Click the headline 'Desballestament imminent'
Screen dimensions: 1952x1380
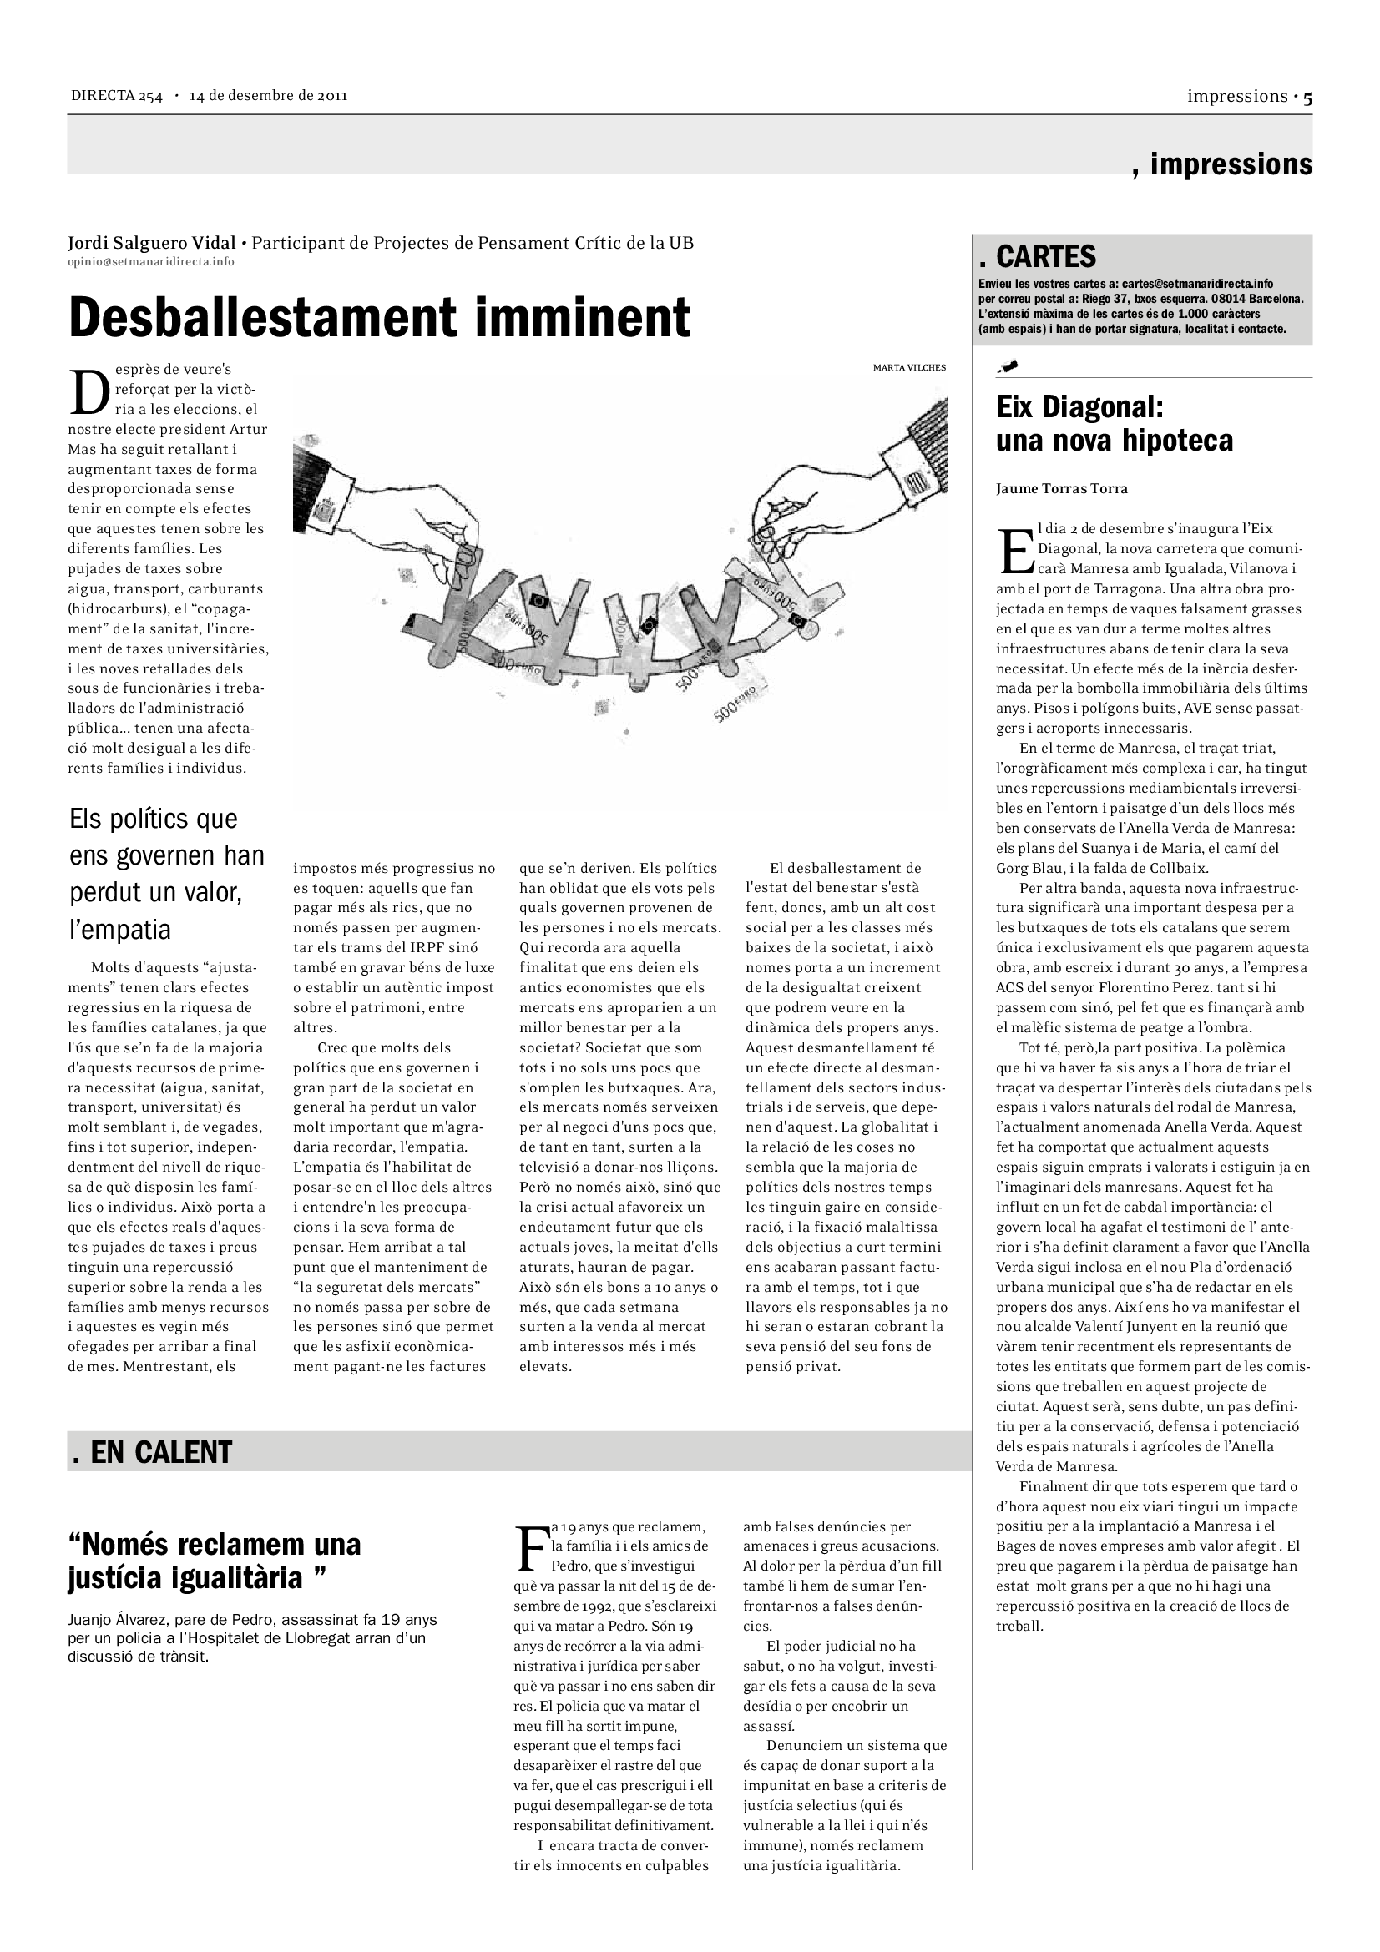coord(379,318)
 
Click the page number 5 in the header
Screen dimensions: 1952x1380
coord(1307,98)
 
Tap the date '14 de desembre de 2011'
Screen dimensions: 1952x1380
coord(269,95)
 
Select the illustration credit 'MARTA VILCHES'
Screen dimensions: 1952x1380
coord(909,367)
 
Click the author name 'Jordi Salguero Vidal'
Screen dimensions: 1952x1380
coord(152,243)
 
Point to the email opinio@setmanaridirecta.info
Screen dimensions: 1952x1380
coord(150,261)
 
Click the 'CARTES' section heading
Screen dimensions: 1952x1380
coord(1046,256)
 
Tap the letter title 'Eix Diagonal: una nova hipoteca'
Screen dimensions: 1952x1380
coord(1114,424)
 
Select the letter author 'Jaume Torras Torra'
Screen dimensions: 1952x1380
coord(1062,488)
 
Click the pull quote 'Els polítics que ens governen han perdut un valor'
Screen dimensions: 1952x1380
coord(167,874)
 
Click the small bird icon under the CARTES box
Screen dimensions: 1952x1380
coord(1009,366)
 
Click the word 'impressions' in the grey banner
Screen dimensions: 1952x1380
coord(1231,164)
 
